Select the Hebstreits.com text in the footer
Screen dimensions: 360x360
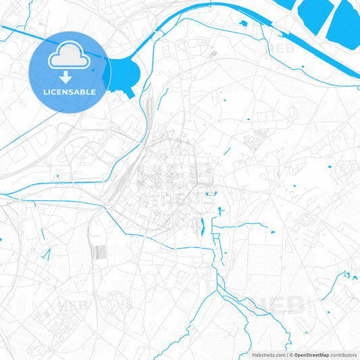267,355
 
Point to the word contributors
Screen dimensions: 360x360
344,355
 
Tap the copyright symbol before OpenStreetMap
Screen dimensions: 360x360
291,355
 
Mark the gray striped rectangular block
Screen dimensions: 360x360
99,252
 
